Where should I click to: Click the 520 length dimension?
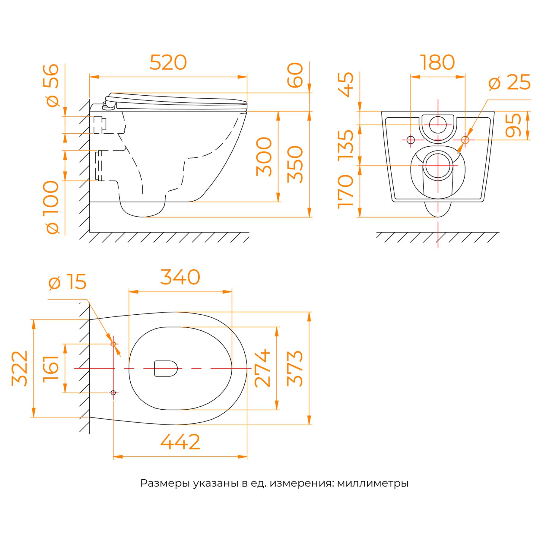click(x=168, y=62)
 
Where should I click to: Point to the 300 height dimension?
click(x=264, y=157)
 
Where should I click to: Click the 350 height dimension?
click(x=295, y=164)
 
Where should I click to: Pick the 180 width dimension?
click(x=437, y=62)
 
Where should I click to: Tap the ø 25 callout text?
click(x=509, y=82)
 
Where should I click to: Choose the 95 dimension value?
click(x=513, y=125)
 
